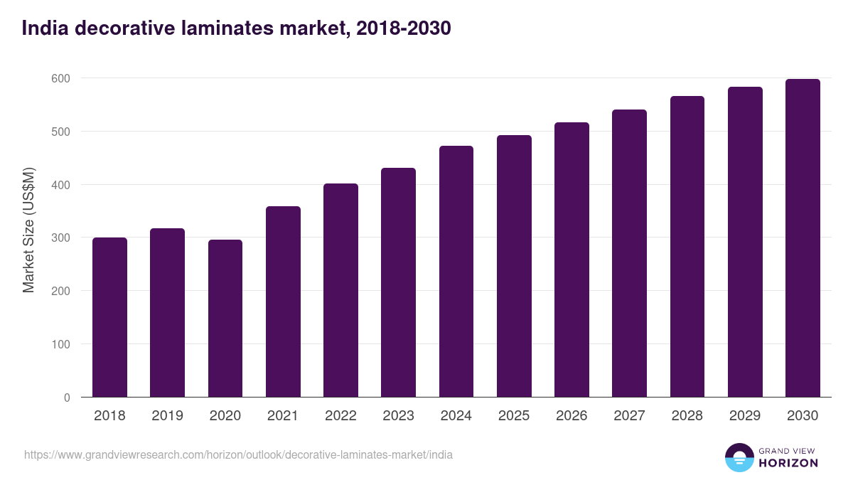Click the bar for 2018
pos(109,317)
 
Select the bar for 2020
pos(225,319)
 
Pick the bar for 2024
pos(456,272)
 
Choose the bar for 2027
pos(629,253)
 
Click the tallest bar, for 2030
pos(803,238)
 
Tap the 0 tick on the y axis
pos(67,398)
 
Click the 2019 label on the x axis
pos(168,416)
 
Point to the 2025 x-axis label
pos(514,416)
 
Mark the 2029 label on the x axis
pos(745,416)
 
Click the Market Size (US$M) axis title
pos(28,230)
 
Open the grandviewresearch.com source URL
pos(238,454)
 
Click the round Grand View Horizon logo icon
pos(739,457)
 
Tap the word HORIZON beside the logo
pos(788,463)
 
